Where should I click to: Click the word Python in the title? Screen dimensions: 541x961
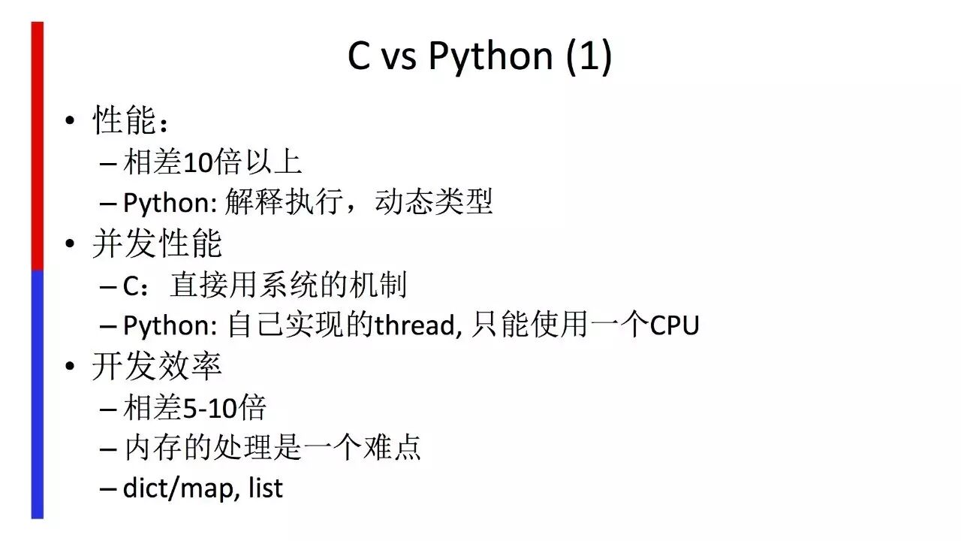490,57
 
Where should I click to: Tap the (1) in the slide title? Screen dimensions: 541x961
589,57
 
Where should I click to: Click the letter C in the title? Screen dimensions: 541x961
359,57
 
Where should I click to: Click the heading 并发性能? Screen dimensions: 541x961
157,244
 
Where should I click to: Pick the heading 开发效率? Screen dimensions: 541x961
157,367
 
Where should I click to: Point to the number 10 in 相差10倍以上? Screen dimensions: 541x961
198,162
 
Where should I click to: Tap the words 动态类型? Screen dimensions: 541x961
434,202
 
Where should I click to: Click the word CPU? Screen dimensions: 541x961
674,325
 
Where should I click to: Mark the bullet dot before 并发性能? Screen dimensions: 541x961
70,244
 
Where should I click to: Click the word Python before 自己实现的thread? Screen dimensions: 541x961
169,325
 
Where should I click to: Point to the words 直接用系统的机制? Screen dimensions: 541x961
288,286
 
